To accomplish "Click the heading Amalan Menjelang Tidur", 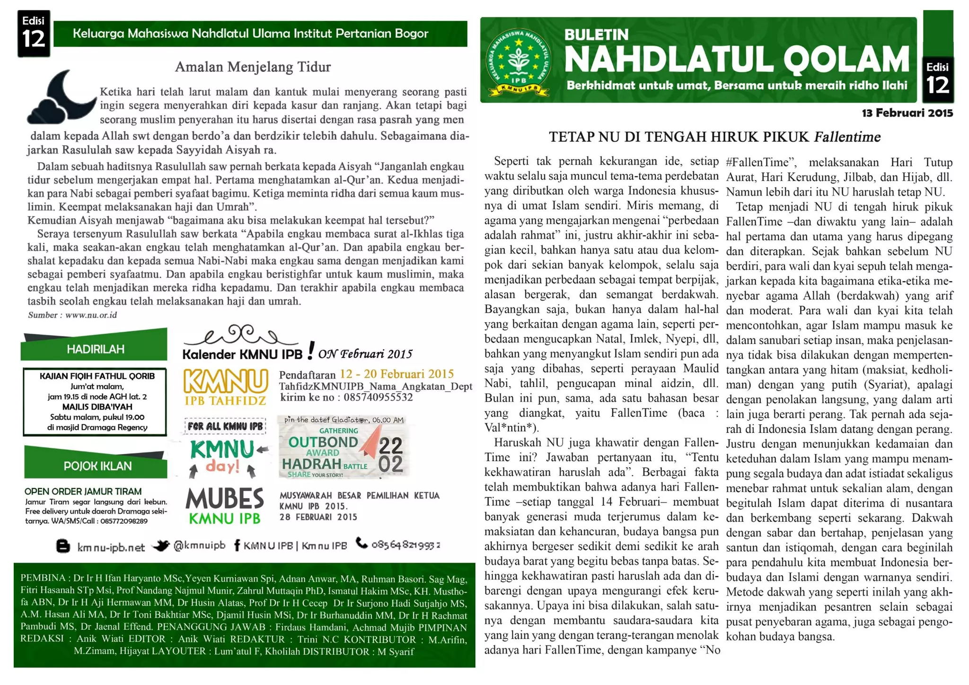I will tap(253, 67).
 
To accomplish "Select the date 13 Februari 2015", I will tap(907, 113).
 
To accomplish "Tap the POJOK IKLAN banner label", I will tap(97, 466).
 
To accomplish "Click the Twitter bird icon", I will tap(161, 545).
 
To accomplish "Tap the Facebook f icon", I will tap(237, 545).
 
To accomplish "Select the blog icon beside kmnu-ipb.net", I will tap(63, 546).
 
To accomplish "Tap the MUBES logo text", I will tap(225, 499).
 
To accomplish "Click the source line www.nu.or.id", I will tap(91, 315).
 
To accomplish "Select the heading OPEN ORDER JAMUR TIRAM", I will tap(83, 492).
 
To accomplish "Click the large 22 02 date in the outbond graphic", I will tap(391, 454).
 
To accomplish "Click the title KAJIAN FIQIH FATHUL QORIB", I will tap(97, 376).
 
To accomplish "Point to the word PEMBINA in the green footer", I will tap(42, 578).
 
